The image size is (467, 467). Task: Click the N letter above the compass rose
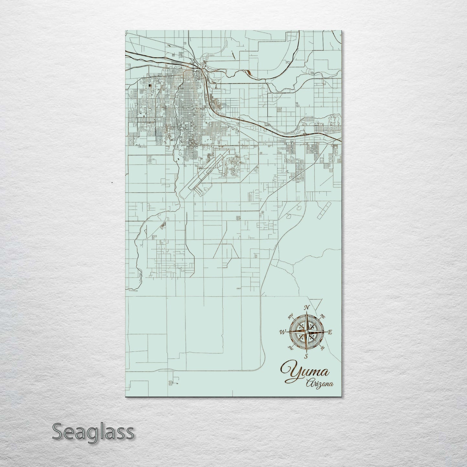308,307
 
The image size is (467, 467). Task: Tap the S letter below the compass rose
306,357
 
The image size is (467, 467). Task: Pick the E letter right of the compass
330,332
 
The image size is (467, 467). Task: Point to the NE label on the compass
322,315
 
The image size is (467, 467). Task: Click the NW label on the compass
291,315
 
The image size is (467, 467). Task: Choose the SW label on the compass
291,348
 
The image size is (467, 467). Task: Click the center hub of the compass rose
306,332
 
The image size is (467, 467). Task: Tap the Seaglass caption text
93,432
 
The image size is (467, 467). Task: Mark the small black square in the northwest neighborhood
151,86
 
